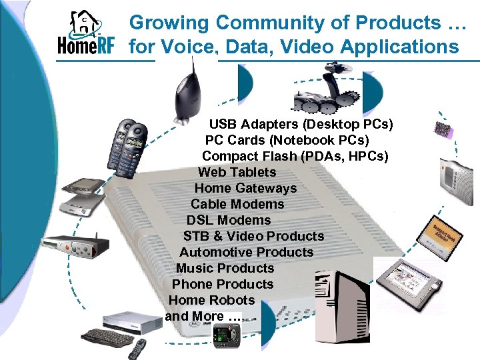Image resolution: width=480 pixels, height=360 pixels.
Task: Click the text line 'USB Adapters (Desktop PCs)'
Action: click(x=301, y=124)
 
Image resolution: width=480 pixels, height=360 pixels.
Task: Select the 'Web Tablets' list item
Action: click(x=237, y=172)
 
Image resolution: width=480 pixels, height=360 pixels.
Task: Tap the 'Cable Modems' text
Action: click(x=237, y=204)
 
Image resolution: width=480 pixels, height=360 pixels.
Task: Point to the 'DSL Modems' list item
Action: click(x=229, y=220)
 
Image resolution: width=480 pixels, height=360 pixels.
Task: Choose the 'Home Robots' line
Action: click(x=211, y=300)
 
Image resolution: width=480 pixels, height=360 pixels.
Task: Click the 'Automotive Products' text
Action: click(x=246, y=252)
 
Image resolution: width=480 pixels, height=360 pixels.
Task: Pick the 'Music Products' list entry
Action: click(x=225, y=268)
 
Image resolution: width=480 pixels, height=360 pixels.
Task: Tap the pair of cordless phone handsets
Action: click(x=129, y=144)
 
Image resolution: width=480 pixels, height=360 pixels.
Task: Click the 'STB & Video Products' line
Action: click(x=253, y=236)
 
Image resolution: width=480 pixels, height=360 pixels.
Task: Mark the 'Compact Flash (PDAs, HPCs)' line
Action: click(x=295, y=156)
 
